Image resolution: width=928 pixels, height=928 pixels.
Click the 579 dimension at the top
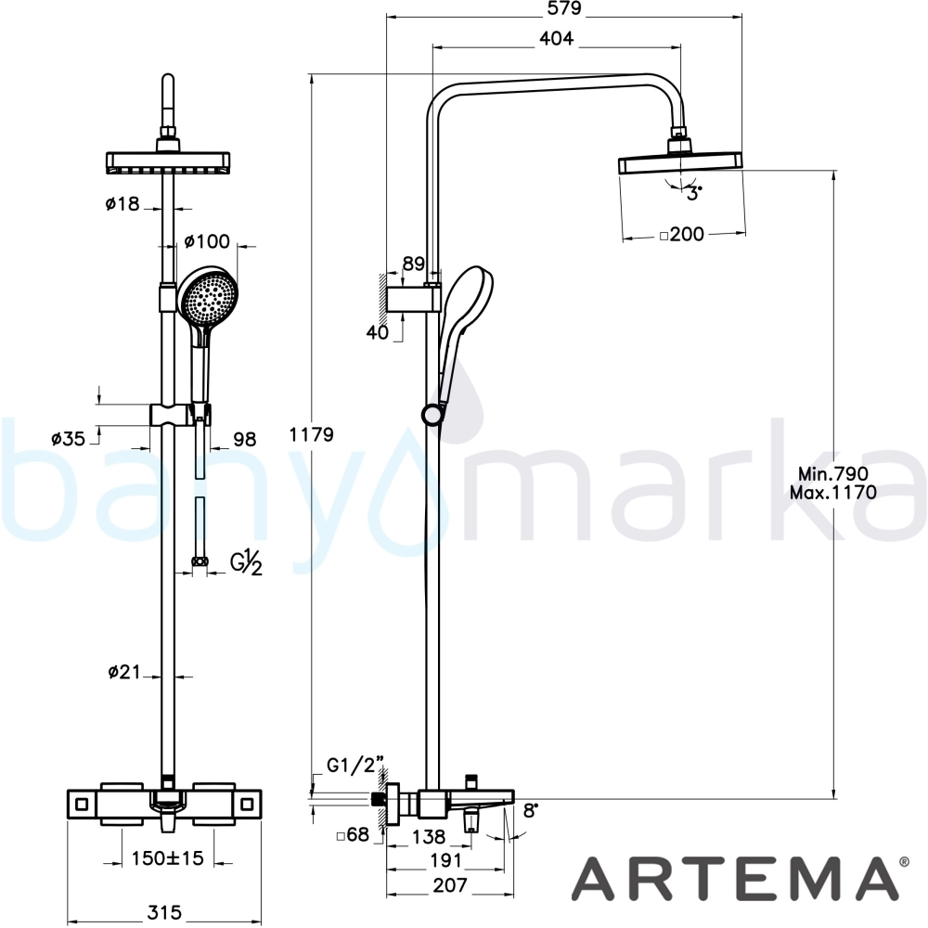pos(564,9)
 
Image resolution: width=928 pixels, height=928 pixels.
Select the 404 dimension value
pos(557,38)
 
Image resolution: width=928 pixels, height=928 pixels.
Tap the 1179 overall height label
pos(311,435)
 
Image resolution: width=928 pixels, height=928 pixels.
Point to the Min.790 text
pos(832,473)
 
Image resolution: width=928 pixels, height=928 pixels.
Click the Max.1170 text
pos(832,493)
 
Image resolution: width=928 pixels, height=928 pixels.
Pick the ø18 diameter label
pos(122,204)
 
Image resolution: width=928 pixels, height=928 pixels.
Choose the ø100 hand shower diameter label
pos(207,241)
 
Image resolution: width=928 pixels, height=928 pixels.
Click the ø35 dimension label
pos(68,439)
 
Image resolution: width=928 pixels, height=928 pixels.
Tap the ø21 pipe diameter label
pos(124,672)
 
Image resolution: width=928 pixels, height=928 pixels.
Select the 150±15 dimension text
pos(167,857)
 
